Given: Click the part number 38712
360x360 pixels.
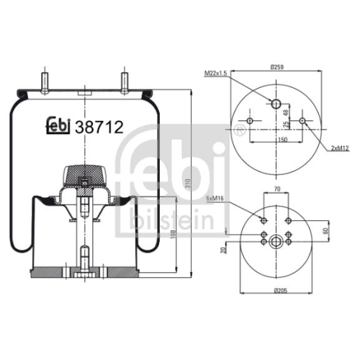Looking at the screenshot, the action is (x=99, y=127).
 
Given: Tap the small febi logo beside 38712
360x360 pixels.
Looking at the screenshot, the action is (x=58, y=125).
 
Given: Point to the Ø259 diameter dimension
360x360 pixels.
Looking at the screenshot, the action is (x=277, y=67).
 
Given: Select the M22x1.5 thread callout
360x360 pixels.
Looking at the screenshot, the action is (x=215, y=73).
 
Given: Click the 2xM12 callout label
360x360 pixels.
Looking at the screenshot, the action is (x=340, y=148).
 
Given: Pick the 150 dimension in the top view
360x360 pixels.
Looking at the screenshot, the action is (x=283, y=140).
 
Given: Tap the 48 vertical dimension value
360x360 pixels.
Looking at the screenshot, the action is (x=286, y=112).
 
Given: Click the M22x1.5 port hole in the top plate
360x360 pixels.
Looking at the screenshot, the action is (x=276, y=104).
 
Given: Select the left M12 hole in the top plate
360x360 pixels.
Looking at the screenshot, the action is (x=250, y=121).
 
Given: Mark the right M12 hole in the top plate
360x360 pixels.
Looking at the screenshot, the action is (x=302, y=121).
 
